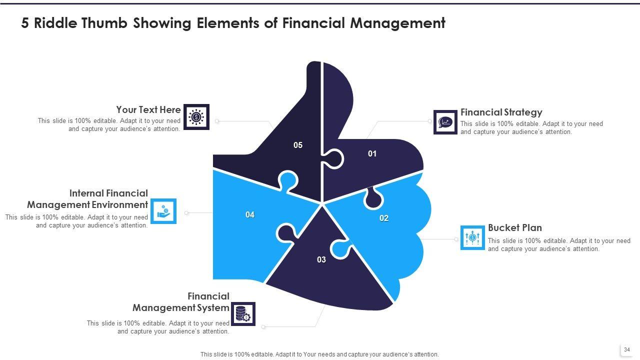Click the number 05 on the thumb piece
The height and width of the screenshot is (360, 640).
pos(298,145)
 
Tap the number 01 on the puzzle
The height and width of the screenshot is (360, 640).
pos(372,154)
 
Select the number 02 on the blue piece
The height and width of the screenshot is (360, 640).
pos(384,218)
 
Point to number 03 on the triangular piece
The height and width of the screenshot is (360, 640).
pos(321,260)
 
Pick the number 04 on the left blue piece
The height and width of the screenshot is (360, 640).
pos(250,215)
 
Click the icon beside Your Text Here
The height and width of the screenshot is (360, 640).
pos(196,117)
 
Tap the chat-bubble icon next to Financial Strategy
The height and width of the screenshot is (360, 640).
pos(445,122)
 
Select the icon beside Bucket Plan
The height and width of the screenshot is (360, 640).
pos(472,237)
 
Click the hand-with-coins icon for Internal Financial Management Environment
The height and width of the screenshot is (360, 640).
pos(163,211)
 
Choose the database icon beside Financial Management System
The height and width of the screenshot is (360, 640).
pos(242,314)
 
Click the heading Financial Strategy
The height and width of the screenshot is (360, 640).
pos(501,112)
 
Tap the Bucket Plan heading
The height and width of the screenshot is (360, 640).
pos(514,228)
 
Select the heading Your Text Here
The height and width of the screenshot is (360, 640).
pos(148,109)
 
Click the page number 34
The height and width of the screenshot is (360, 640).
pos(627,349)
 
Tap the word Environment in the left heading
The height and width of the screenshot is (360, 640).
pos(120,205)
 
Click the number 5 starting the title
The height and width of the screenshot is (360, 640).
pos(25,23)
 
